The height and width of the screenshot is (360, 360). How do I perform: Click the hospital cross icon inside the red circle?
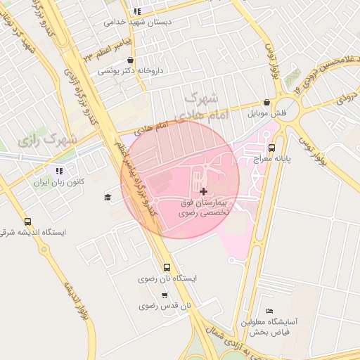point(204,191)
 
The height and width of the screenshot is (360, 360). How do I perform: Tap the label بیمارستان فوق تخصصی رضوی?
point(202,207)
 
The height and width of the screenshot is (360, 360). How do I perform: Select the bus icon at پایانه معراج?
point(271,148)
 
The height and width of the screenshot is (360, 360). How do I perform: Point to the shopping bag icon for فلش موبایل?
point(266,103)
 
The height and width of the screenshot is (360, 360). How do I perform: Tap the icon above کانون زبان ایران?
point(58,171)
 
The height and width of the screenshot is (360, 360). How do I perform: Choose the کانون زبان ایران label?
point(61,181)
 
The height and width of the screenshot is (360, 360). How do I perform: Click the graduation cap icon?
point(108,197)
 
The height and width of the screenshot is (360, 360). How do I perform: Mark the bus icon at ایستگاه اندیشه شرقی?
point(27,221)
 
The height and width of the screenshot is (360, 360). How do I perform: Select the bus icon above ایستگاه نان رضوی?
point(167,267)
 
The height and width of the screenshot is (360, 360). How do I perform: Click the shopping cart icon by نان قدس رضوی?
point(165,295)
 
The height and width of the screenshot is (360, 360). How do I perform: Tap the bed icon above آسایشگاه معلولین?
point(269,311)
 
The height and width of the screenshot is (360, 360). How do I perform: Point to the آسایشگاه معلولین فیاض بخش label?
point(269,325)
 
